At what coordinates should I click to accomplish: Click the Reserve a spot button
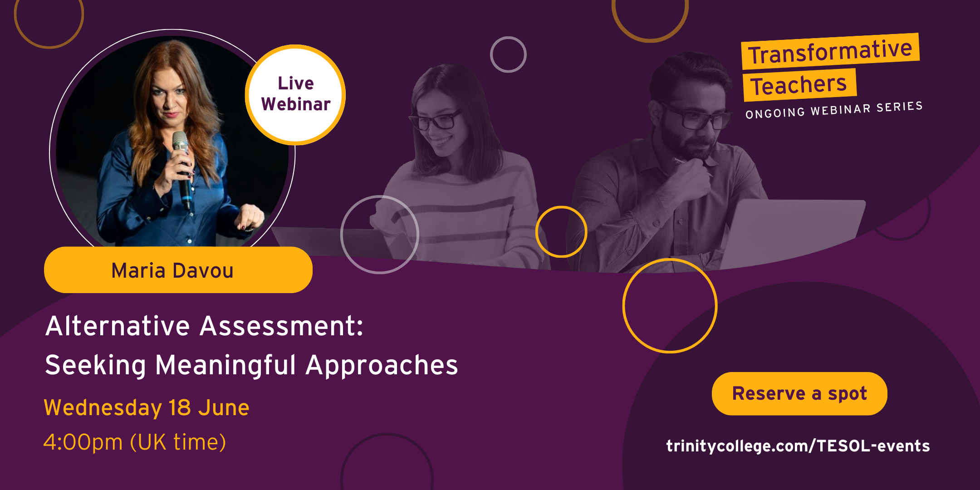pos(799,393)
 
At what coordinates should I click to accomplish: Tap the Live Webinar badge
pos(296,95)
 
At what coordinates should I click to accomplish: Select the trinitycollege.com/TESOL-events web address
pos(798,446)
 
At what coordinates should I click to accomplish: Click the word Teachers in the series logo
pos(799,85)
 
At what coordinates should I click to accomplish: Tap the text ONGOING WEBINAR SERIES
pos(834,110)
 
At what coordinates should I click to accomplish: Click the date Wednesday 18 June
pos(147,408)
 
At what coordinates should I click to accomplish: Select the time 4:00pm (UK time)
pos(135,442)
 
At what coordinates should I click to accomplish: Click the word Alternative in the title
pos(118,326)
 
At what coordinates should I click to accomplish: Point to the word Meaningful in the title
pos(225,366)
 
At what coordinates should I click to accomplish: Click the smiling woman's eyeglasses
pos(435,120)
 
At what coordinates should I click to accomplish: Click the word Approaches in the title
pos(382,366)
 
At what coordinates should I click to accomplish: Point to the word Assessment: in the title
pos(282,326)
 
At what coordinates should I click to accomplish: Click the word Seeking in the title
pos(95,366)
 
